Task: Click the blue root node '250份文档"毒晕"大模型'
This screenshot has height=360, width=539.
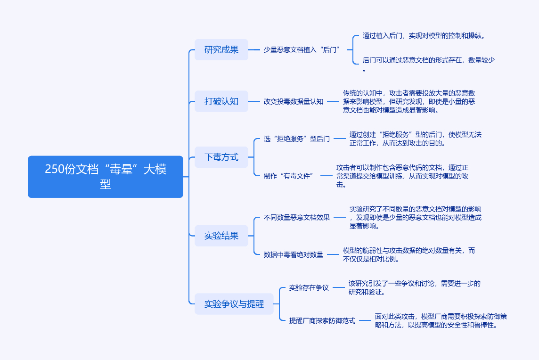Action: coord(106,176)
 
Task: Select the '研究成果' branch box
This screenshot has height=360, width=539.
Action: coord(221,49)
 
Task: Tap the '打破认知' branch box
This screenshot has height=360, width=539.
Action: coord(221,101)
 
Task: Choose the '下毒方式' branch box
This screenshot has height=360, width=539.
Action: coord(221,157)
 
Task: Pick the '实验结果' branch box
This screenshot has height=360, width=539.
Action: coord(221,236)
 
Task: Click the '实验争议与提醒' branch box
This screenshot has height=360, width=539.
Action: coord(234,304)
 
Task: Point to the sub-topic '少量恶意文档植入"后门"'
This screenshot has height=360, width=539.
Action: coord(302,49)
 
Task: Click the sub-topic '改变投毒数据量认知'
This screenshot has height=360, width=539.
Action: coord(294,101)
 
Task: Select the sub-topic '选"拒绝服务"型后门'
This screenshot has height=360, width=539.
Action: coord(297,139)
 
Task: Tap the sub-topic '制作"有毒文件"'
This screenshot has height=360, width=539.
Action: coord(289,176)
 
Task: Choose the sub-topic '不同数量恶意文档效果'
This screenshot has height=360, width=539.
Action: coord(297,217)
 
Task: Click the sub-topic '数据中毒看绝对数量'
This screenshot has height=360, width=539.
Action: coord(294,254)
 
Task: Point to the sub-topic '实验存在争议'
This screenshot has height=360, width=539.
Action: coord(309,287)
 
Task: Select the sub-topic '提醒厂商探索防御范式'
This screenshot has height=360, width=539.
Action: coord(322,320)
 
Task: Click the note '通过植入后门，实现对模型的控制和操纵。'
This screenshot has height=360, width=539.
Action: coord(424,35)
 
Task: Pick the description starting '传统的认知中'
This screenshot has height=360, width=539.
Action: coord(409,101)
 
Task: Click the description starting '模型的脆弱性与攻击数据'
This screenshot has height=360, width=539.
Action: coord(409,254)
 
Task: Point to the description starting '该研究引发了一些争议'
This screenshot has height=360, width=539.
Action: coord(415,287)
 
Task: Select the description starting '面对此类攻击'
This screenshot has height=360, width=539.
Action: coord(441,320)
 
